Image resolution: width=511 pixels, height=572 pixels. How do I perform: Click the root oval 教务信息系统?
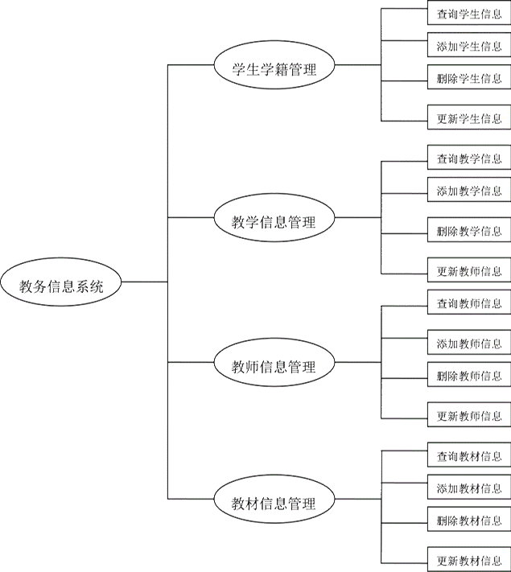[x=61, y=283]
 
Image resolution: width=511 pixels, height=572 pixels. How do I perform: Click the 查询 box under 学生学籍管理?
[x=468, y=15]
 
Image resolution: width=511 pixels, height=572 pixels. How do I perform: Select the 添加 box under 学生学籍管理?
[x=468, y=47]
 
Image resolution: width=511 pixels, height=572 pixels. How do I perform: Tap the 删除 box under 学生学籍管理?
[x=468, y=79]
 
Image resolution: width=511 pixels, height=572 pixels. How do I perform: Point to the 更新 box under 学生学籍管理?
[x=468, y=118]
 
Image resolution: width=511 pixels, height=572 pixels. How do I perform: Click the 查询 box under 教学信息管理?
[x=468, y=158]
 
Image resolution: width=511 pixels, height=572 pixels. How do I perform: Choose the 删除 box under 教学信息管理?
[x=468, y=233]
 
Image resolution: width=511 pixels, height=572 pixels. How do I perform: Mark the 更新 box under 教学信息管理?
[x=468, y=270]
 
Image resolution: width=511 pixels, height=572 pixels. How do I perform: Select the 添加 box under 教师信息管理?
[x=468, y=344]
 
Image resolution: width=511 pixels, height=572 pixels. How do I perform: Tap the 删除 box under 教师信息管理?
[x=468, y=375]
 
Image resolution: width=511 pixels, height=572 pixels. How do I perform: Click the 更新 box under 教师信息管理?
[x=468, y=416]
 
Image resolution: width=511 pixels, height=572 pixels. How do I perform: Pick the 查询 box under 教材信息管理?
[x=468, y=455]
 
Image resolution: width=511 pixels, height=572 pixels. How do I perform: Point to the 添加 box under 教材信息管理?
[x=468, y=488]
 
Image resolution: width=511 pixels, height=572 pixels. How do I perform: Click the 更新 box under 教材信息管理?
[x=468, y=559]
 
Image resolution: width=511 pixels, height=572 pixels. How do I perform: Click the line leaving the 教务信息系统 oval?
[x=145, y=282]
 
